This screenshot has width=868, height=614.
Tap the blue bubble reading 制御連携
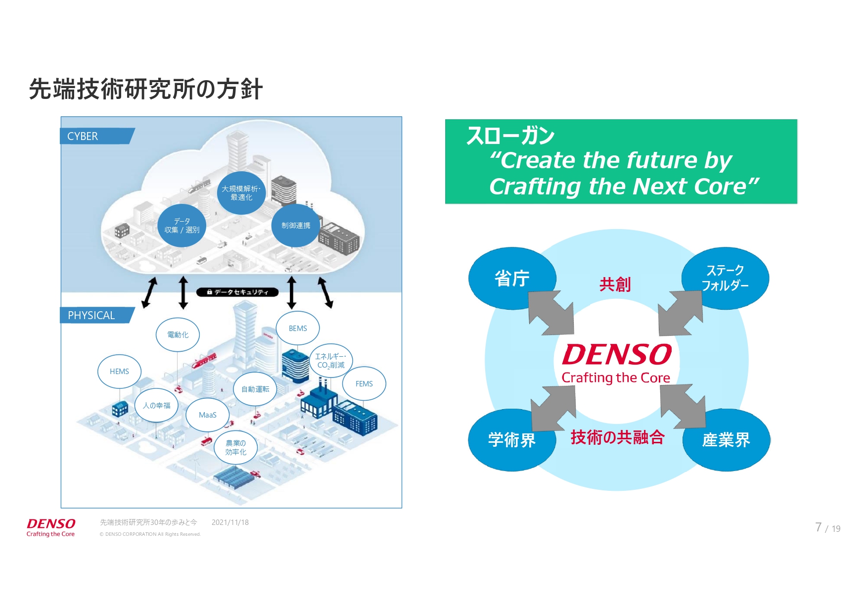(296, 226)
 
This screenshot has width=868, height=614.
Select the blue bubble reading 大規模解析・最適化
(241, 193)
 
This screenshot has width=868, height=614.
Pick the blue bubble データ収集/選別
(182, 226)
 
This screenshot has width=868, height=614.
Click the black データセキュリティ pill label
(237, 292)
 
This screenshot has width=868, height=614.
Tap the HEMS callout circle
(119, 372)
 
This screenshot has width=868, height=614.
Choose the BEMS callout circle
(298, 329)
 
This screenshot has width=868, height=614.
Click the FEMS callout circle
(364, 384)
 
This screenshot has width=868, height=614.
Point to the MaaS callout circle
(208, 415)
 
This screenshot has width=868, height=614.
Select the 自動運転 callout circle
(255, 389)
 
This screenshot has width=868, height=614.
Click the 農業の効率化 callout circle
(236, 448)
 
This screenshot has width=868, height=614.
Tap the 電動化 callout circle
(178, 335)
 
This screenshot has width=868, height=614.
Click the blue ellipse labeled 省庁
(512, 279)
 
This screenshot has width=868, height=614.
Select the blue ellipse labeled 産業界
(726, 440)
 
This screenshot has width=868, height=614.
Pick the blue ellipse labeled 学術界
(512, 440)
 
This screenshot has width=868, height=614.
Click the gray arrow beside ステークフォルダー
(681, 313)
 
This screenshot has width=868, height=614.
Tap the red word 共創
(615, 284)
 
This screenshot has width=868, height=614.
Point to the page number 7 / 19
(827, 528)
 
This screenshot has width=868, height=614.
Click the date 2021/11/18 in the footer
(230, 522)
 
